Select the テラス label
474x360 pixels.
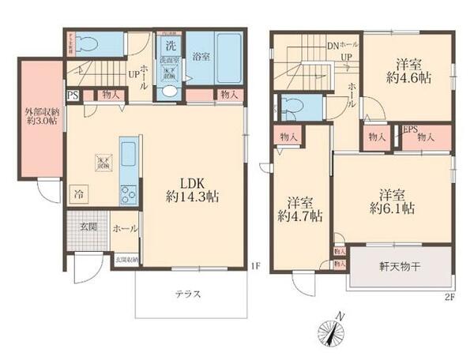coord(187,294)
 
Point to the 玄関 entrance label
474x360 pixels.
coord(88,228)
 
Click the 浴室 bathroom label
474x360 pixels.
coord(201,56)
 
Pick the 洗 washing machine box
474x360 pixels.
coord(170,44)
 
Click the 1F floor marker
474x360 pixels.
coord(255,266)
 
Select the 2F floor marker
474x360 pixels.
coord(450,297)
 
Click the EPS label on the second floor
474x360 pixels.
coord(410,130)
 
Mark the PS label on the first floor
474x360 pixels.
coord(73,96)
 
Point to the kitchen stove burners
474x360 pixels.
coord(127,193)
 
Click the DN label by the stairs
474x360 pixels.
coord(333,45)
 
